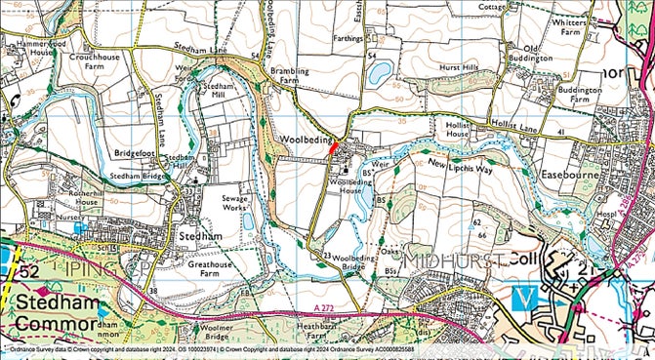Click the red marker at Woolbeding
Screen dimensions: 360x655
tap(333, 147)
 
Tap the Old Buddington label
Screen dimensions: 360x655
tap(546, 54)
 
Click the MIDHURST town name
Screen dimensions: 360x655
tap(456, 260)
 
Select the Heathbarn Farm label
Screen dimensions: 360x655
tap(317, 331)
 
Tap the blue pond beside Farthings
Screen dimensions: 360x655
tap(382, 70)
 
